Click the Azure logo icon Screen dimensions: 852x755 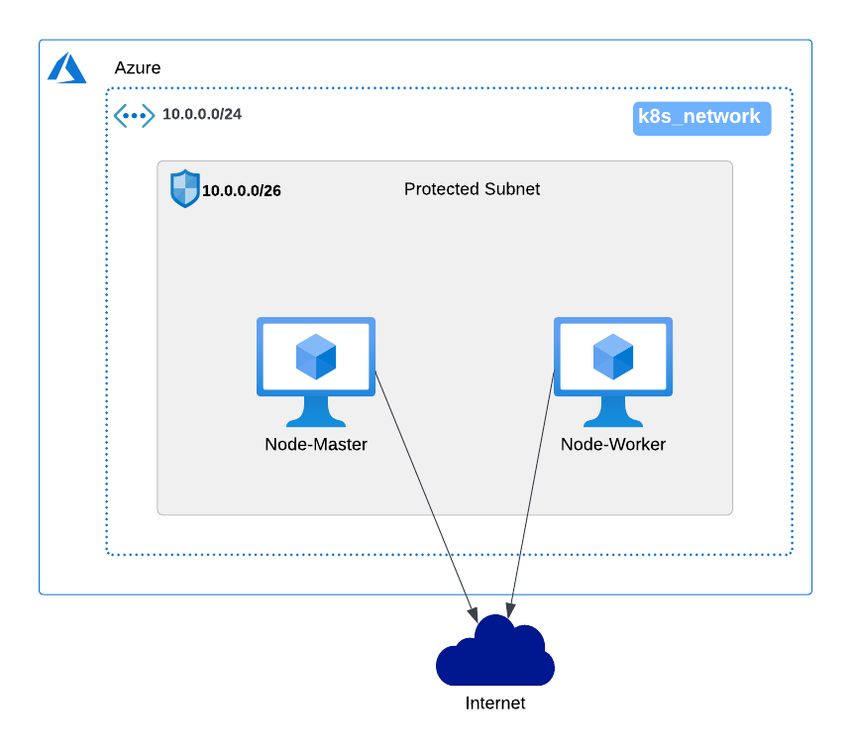tap(66, 68)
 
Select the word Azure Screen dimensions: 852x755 tap(138, 68)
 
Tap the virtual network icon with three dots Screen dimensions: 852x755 tap(134, 116)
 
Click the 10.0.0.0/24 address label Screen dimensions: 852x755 tap(202, 114)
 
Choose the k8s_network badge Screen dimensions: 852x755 tap(701, 118)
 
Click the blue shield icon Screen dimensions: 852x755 tap(184, 188)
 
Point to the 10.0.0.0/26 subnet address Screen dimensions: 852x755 tap(242, 191)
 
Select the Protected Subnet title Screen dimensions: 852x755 tap(472, 189)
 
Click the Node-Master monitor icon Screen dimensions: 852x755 tap(316, 372)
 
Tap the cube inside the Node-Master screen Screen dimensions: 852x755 tap(316, 357)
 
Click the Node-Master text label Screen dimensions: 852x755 tap(316, 445)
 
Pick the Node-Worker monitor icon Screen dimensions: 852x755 tap(613, 372)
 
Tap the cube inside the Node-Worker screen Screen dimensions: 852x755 tap(613, 357)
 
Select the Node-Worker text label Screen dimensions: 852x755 tap(613, 445)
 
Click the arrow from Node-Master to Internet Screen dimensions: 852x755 tap(427, 497)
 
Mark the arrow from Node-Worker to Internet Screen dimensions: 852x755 tap(531, 494)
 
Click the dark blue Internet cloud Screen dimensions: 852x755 tap(495, 652)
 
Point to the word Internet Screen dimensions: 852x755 tap(495, 703)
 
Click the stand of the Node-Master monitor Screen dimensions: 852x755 tap(316, 412)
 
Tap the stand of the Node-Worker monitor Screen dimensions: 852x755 tap(613, 412)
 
